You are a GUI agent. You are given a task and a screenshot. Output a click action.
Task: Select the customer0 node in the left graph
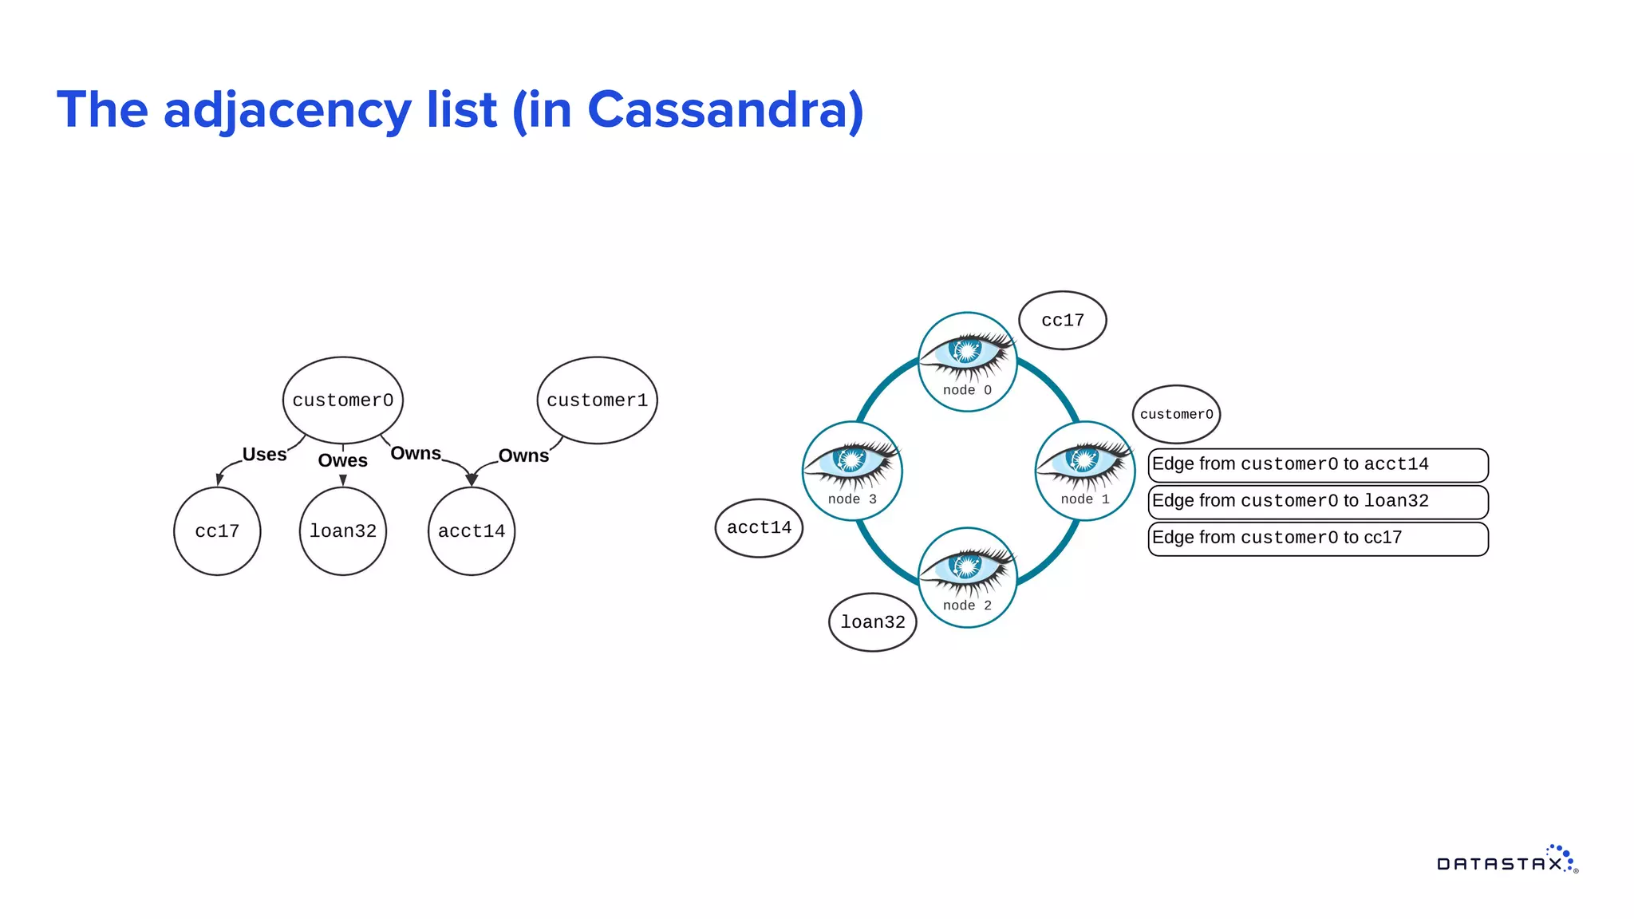point(342,400)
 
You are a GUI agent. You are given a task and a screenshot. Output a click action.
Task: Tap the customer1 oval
point(597,400)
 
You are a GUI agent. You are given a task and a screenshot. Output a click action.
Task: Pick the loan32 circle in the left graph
point(343,531)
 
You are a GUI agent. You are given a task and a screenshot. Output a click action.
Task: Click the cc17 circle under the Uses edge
point(217,531)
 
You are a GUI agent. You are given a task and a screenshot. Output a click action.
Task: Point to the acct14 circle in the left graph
point(472,531)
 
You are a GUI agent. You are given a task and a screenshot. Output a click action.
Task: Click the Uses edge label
point(264,455)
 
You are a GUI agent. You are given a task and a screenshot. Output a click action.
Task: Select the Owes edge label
point(342,461)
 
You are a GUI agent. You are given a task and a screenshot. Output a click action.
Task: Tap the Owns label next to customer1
point(523,456)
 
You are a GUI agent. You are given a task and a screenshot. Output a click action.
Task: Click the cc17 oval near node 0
point(1063,321)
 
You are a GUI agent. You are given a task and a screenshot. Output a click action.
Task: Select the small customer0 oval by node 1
point(1176,415)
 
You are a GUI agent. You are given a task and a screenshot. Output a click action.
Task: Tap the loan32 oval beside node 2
point(873,622)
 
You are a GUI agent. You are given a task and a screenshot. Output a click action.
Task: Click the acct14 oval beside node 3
point(759,528)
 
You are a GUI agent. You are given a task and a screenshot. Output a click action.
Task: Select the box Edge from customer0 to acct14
point(1318,465)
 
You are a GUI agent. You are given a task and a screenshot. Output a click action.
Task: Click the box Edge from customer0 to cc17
point(1318,538)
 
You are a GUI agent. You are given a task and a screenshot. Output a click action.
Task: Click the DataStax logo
point(1506,861)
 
